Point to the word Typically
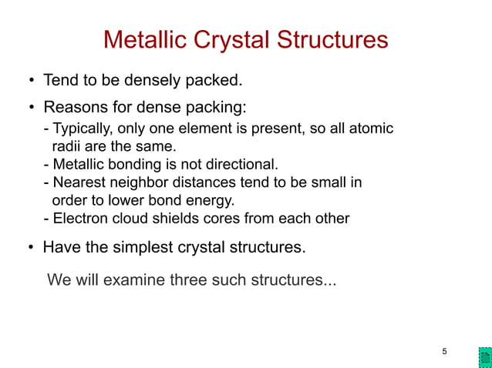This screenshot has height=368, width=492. coord(83,128)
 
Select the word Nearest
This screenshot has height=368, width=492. coord(78,182)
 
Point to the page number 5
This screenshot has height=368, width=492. coord(444,352)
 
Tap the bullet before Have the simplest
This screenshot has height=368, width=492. coord(31,249)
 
